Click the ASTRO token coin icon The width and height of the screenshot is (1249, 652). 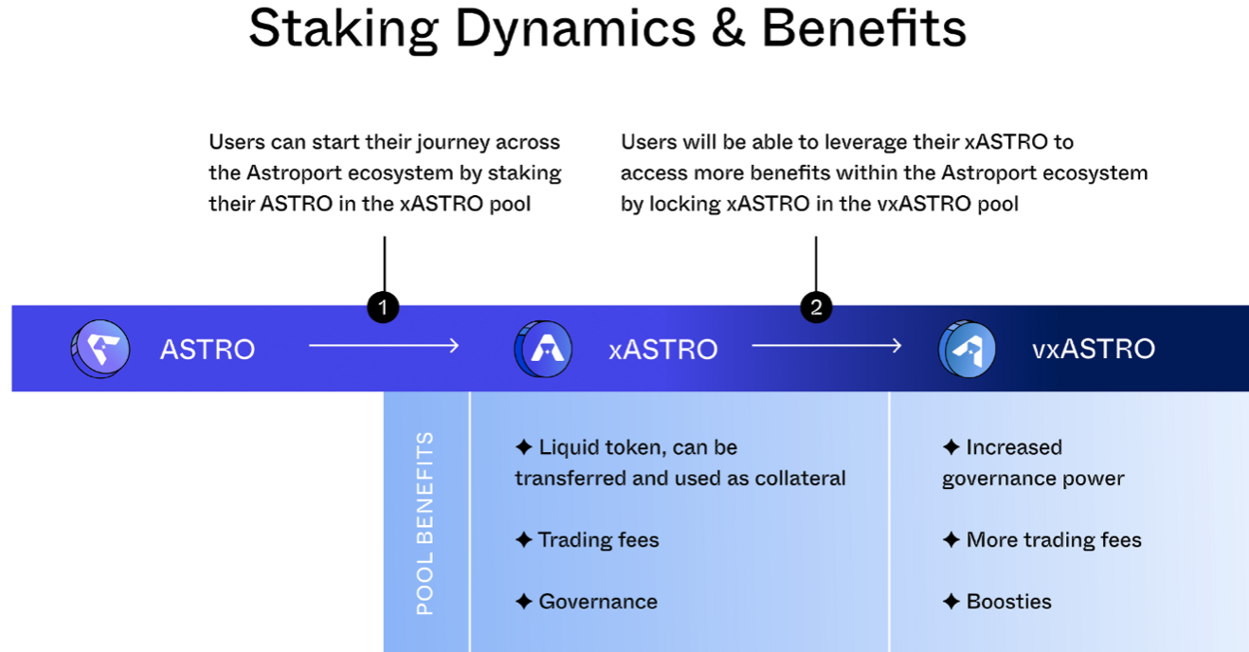(100, 349)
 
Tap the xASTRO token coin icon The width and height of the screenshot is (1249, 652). (543, 349)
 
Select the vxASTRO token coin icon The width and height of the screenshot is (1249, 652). (967, 349)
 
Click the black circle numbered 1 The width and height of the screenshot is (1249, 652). (383, 307)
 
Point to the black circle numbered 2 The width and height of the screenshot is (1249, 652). (815, 307)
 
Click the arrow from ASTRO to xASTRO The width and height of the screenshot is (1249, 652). (384, 346)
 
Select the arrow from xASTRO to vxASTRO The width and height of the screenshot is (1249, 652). (826, 346)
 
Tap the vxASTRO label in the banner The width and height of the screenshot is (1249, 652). (1093, 349)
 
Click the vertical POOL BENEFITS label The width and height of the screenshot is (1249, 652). (425, 522)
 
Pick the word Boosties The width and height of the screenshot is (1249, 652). (1008, 602)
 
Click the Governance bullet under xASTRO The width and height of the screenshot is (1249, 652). (597, 602)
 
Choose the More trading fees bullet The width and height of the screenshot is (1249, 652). (1053, 540)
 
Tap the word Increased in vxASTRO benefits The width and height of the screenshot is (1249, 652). (1013, 447)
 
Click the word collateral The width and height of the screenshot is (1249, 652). (800, 479)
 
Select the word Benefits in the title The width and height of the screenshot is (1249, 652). (863, 29)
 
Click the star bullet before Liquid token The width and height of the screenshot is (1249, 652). (523, 447)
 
